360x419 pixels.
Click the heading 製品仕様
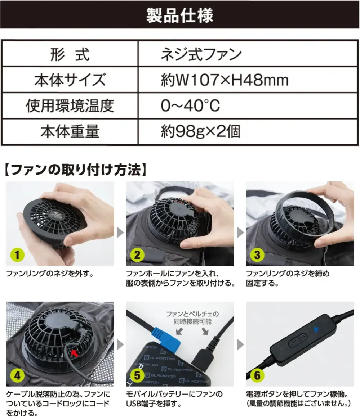[x=180, y=15]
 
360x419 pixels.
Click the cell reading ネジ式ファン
[x=201, y=55]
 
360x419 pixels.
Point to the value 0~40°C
[x=190, y=106]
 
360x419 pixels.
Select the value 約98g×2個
[x=200, y=132]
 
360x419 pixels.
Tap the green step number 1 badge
[x=17, y=256]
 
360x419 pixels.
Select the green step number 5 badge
[x=137, y=376]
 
